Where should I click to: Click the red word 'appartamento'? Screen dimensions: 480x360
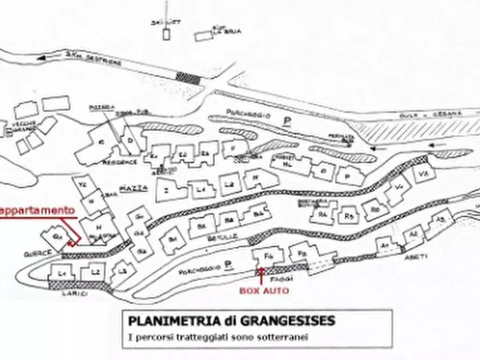[x=37, y=211]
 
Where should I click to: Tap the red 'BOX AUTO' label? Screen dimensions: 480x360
[x=264, y=291]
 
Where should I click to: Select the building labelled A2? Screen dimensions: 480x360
[x=413, y=235]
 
